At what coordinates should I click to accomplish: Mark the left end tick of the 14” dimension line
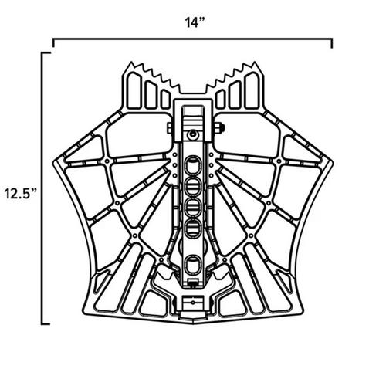coord(52,42)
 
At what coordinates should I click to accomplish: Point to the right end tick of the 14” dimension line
coord(333,42)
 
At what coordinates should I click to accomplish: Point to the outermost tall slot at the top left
coord(132,91)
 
